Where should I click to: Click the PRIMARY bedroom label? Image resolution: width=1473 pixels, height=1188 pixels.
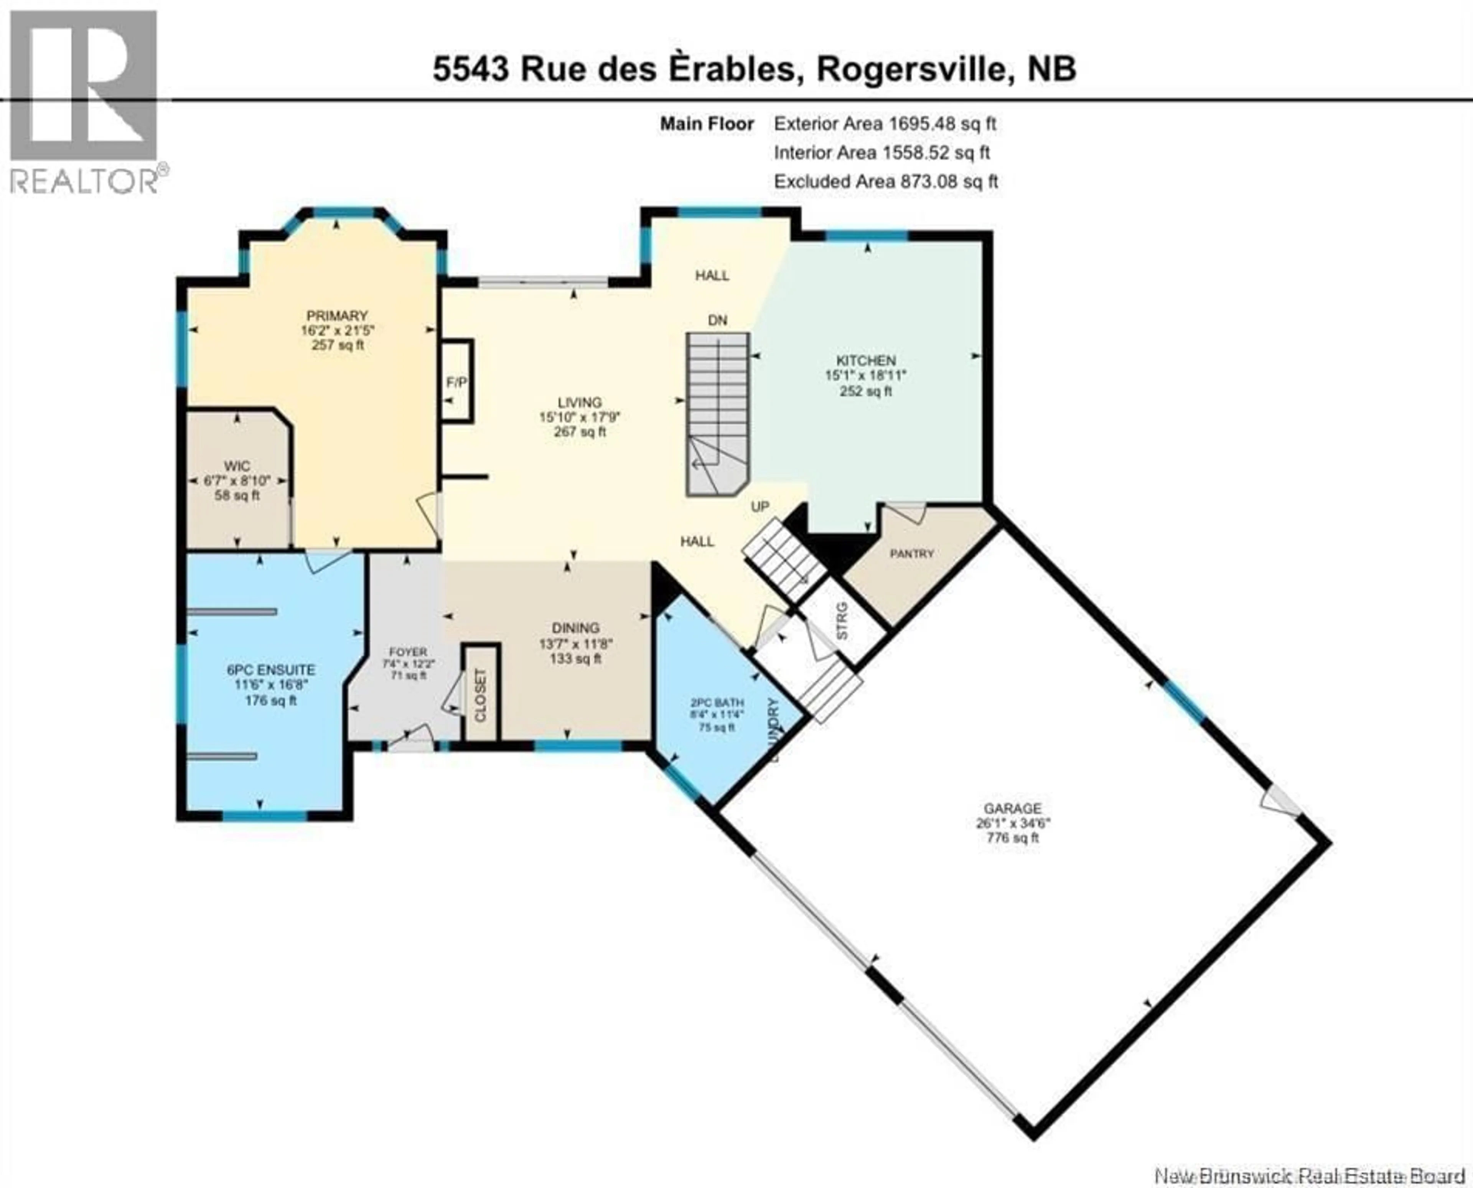[x=337, y=316]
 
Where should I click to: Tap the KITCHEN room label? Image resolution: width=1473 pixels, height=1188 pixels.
[x=865, y=360]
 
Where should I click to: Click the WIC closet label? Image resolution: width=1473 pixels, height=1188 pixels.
[x=237, y=466]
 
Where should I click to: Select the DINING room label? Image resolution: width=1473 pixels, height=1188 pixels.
[x=576, y=627]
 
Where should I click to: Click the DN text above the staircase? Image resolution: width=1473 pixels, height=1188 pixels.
[x=717, y=320]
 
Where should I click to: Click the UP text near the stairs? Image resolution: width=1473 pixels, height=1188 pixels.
[x=760, y=507]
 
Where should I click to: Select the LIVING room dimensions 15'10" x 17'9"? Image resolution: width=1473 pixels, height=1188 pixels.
[x=580, y=417]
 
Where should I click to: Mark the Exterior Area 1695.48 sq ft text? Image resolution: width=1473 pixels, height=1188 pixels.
[x=884, y=124]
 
